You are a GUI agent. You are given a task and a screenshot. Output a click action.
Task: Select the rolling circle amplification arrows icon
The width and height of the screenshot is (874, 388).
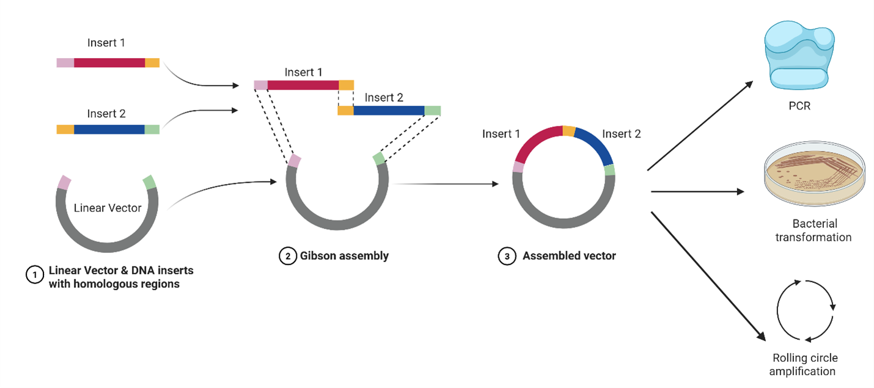806,310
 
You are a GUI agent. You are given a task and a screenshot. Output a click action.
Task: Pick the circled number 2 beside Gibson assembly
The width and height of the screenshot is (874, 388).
287,256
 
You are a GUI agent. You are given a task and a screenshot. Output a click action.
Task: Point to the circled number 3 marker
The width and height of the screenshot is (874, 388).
507,256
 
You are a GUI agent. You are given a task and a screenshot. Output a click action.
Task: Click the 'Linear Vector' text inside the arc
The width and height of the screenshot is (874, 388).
108,208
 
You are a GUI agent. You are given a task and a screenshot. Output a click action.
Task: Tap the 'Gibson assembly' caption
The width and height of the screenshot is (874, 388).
344,256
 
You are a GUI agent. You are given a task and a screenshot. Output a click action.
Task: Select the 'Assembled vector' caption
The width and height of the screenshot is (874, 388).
569,256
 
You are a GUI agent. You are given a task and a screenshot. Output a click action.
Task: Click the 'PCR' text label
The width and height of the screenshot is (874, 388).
799,106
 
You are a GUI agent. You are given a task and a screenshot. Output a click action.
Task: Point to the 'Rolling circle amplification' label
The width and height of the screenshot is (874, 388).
804,365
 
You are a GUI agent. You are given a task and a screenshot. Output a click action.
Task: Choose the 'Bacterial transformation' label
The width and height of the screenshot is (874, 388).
813,230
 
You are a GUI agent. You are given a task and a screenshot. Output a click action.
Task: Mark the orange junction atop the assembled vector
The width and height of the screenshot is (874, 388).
568,131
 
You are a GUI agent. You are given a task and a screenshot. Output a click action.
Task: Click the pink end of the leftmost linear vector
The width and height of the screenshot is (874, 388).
65,182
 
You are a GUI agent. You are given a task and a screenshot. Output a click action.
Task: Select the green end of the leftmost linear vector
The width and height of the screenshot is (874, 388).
149,182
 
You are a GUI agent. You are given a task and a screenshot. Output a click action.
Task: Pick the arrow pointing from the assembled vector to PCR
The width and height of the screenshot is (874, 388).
700,125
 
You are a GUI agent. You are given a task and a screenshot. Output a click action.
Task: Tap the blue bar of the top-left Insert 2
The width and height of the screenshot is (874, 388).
109,130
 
